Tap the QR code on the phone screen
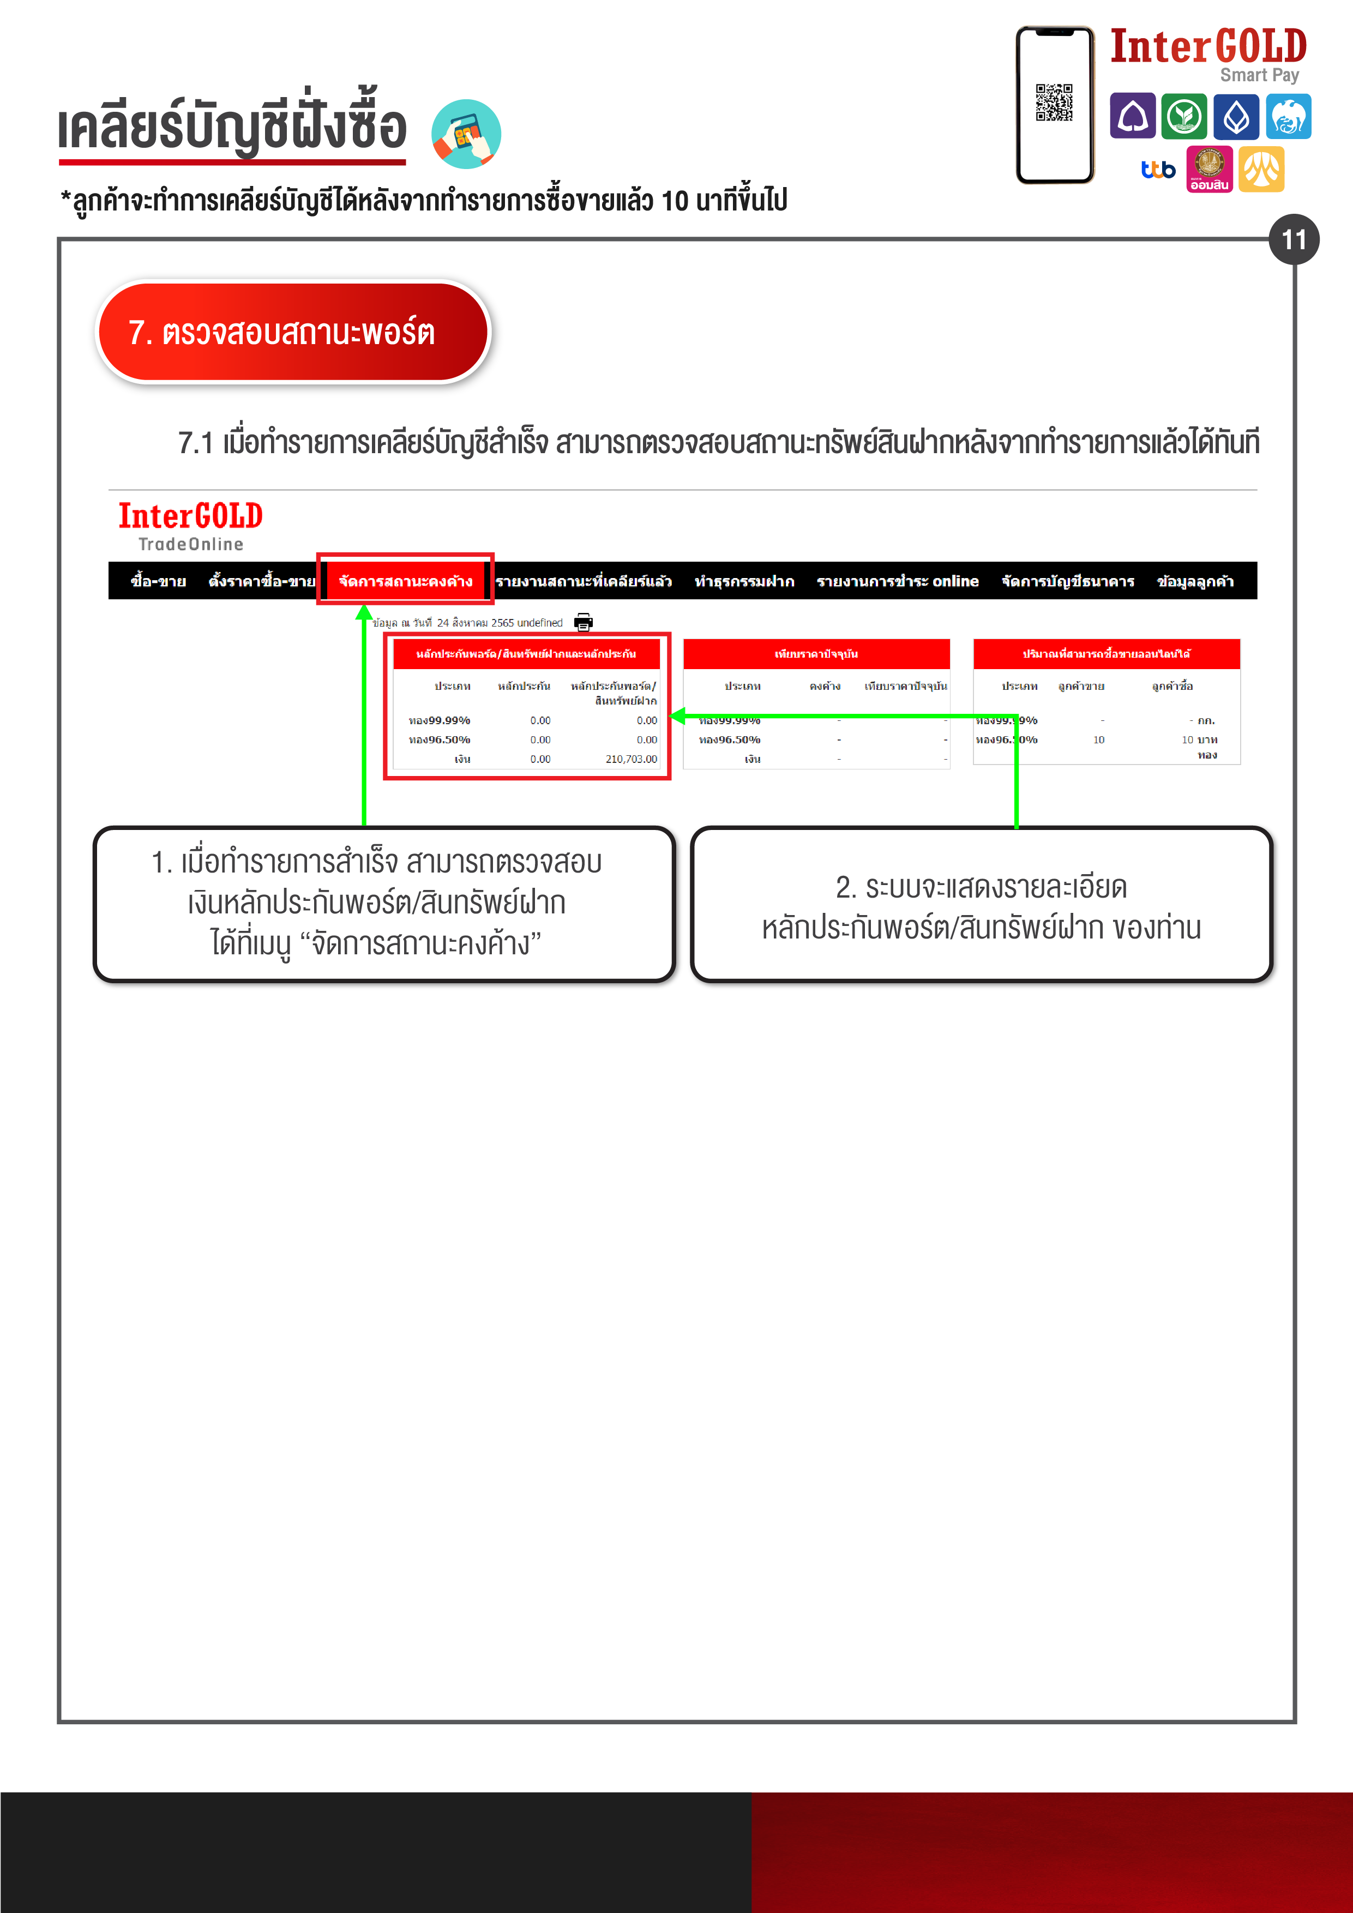pos(1054,103)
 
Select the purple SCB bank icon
pos(1132,116)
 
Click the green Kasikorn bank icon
pos(1184,116)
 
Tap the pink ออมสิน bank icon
pos(1209,169)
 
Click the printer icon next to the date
pos(583,622)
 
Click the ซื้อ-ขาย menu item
pos(158,581)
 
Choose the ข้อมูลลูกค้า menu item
pos(1195,581)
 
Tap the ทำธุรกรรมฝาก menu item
pos(744,581)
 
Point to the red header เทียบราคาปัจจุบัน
pos(816,654)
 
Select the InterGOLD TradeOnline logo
pos(191,526)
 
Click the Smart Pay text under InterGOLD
pos(1259,75)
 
